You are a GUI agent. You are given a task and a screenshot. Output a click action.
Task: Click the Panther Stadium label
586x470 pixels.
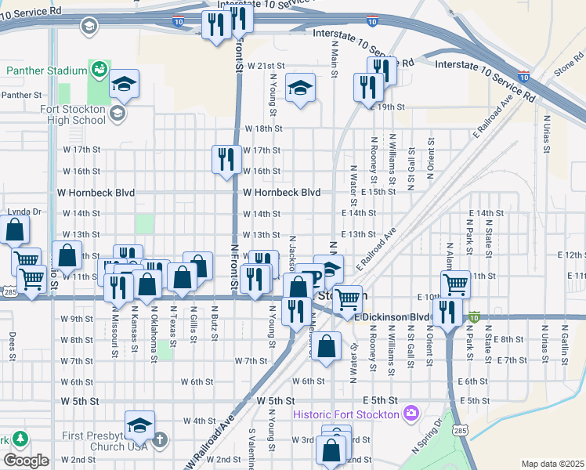pyautogui.click(x=46, y=70)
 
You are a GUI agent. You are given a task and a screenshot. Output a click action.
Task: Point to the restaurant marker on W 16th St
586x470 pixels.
pyautogui.click(x=226, y=160)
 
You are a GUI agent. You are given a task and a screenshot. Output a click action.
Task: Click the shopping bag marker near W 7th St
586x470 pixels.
pyautogui.click(x=330, y=345)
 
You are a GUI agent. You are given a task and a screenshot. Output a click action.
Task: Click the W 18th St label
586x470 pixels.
pyautogui.click(x=262, y=128)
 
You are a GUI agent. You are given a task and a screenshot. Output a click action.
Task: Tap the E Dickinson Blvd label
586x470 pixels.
pyautogui.click(x=392, y=317)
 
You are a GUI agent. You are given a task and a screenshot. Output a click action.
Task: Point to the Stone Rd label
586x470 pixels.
pyautogui.click(x=568, y=67)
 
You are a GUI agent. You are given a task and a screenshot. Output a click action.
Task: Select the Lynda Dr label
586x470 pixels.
pyautogui.click(x=24, y=212)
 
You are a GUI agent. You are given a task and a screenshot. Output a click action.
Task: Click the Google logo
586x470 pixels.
pyautogui.click(x=26, y=461)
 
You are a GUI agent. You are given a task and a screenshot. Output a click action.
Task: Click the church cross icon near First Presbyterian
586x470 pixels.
pyautogui.click(x=160, y=439)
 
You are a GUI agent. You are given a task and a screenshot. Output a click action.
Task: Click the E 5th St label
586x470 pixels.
pyautogui.click(x=474, y=401)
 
